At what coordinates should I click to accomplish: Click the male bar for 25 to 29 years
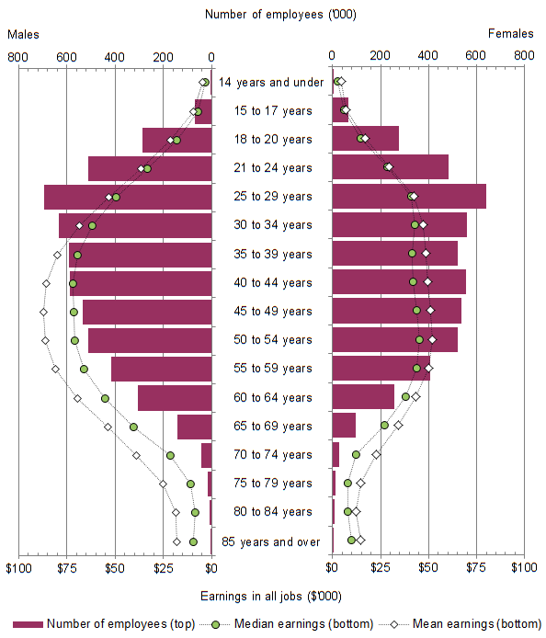tap(128, 197)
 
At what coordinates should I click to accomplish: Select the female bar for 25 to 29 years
tap(408, 197)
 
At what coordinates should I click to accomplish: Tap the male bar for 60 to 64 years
tap(175, 397)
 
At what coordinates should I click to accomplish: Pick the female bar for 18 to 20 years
tap(365, 139)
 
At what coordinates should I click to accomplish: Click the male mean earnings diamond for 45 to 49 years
tap(43, 312)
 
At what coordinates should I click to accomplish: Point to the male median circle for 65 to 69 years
tap(133, 427)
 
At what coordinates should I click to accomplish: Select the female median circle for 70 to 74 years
tap(356, 454)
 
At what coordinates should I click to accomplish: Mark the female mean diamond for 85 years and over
tap(361, 540)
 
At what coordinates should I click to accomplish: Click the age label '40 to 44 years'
tap(271, 282)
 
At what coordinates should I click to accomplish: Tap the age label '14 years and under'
tap(271, 83)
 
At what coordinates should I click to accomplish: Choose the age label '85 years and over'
tap(271, 541)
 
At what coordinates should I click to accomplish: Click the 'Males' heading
tap(23, 34)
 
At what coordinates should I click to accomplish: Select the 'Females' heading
tap(510, 34)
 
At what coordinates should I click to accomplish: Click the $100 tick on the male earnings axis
tap(17, 567)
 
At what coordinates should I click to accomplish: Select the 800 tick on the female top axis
tap(524, 55)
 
